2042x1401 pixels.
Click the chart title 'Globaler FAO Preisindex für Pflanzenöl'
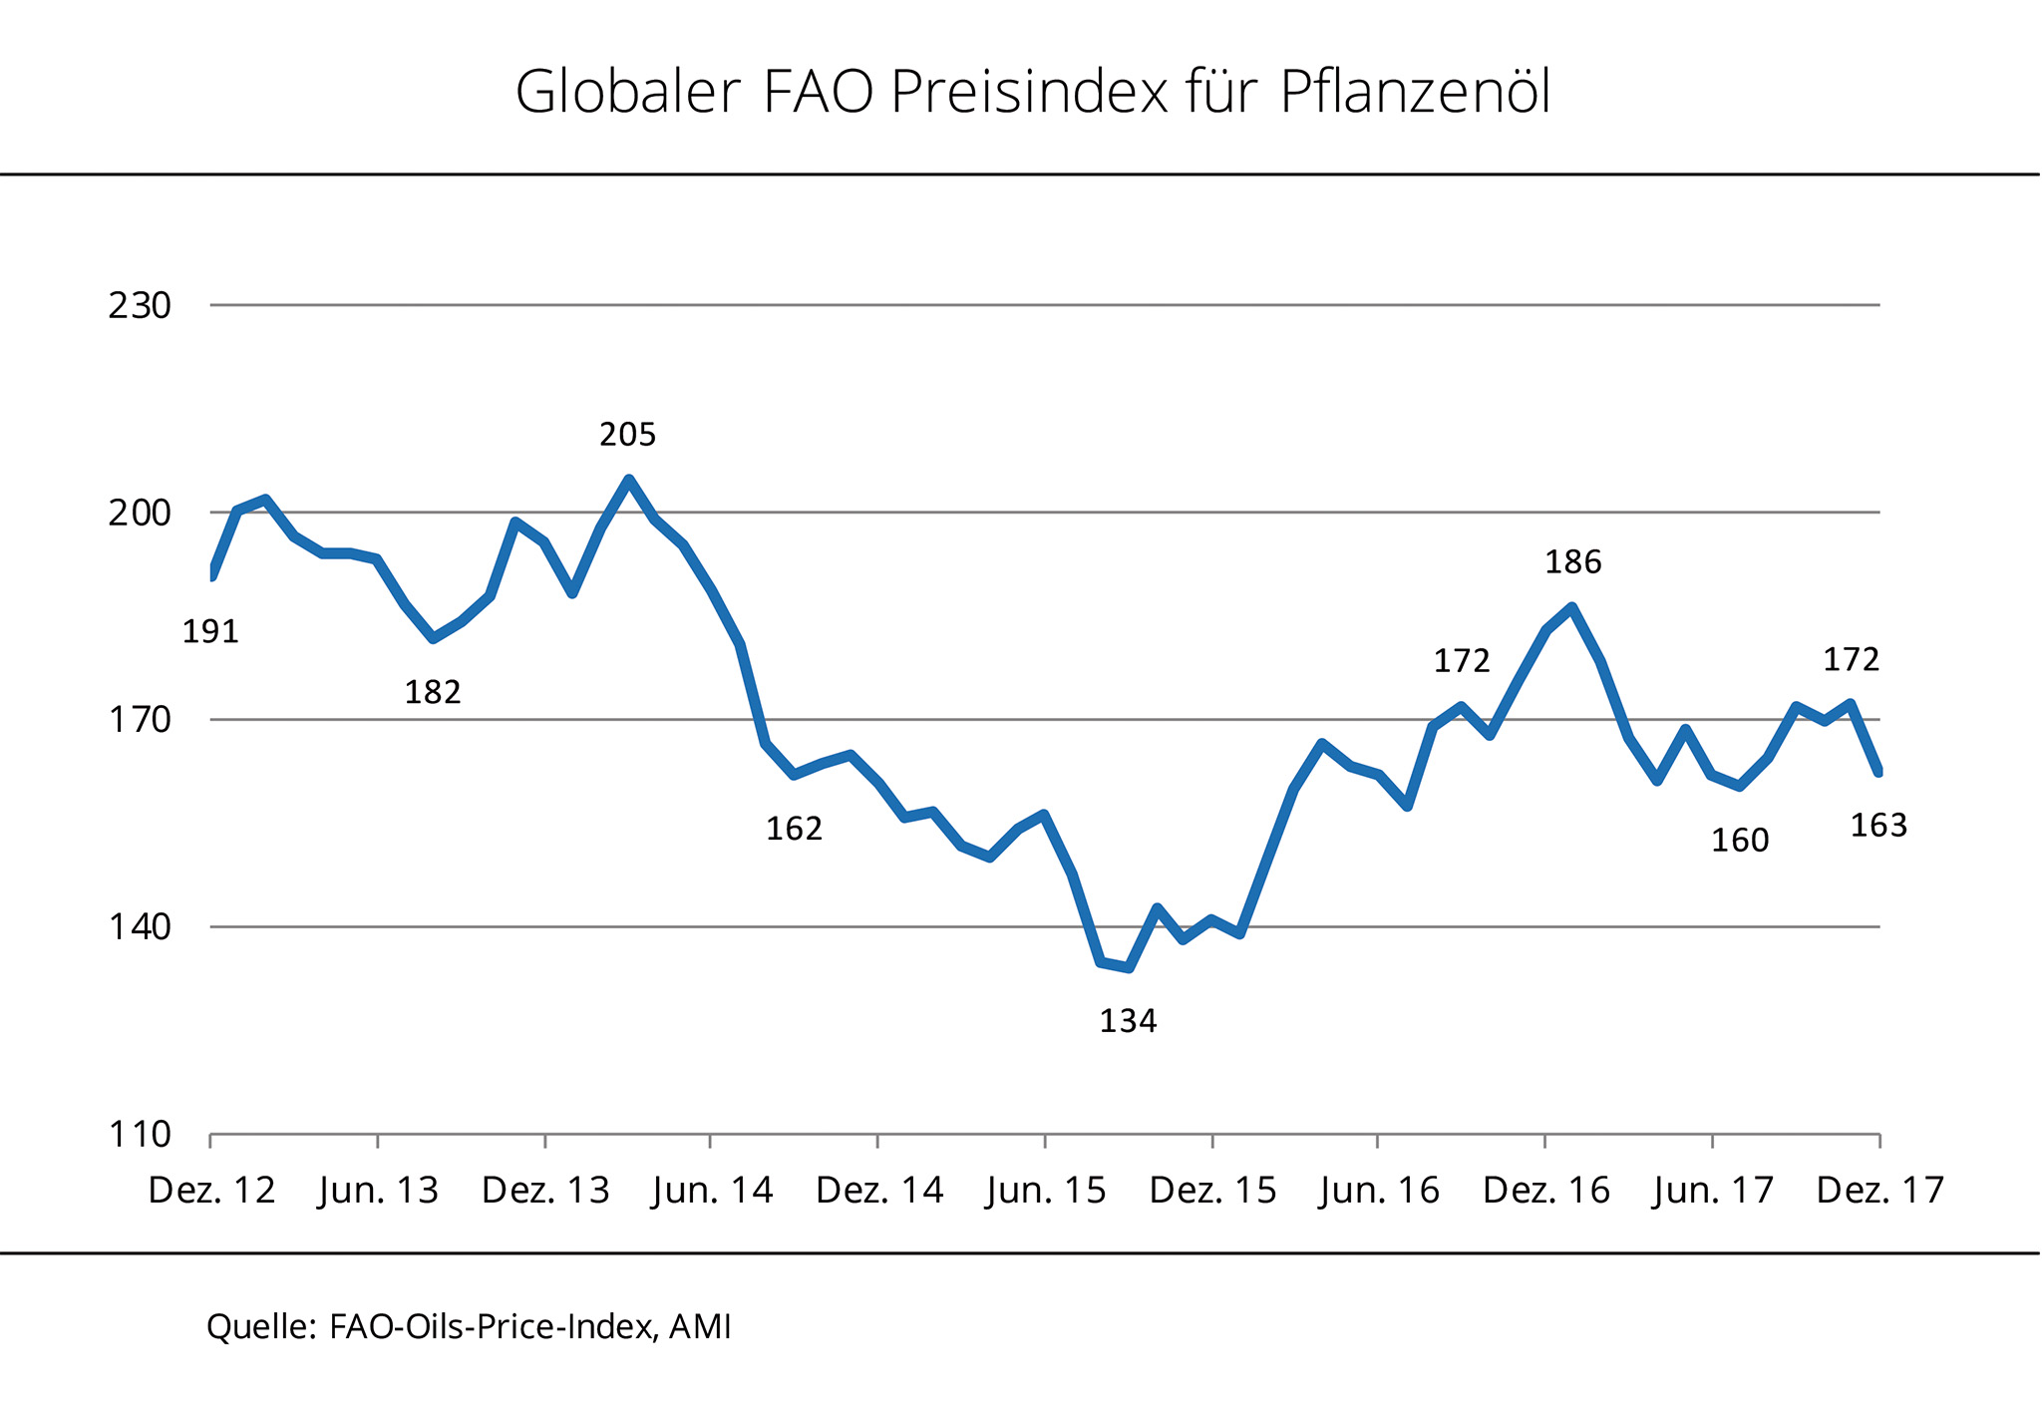(1032, 93)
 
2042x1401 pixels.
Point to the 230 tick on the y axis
(140, 305)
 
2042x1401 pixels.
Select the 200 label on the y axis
(140, 513)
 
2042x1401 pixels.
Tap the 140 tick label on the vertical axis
(140, 927)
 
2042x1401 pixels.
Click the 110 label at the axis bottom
(140, 1135)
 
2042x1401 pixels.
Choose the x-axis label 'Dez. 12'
(211, 1191)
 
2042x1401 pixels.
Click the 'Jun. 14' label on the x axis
(712, 1191)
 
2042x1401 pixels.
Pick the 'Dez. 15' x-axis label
(1212, 1191)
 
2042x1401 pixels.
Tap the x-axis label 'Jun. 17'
(1713, 1191)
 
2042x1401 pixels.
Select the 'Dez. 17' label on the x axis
(1880, 1191)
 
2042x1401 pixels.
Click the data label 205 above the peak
(628, 435)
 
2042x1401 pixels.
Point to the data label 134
(1128, 1021)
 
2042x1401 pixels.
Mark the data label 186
(1573, 563)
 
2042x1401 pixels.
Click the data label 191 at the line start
(210, 632)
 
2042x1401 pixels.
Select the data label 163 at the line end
(1878, 826)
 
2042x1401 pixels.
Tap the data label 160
(1740, 842)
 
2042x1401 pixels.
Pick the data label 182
(433, 692)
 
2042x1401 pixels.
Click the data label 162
(794, 829)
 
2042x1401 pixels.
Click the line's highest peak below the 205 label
(628, 480)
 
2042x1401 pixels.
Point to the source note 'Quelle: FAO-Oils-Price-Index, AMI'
(469, 1326)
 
